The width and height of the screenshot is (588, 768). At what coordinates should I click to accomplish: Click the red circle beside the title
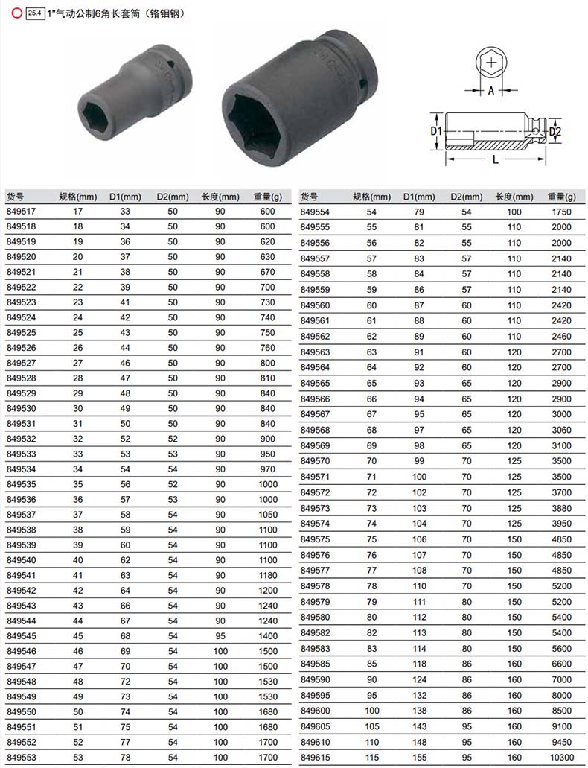point(16,13)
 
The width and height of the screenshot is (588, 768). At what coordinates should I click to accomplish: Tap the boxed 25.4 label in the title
point(35,13)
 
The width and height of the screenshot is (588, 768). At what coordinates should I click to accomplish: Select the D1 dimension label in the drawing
point(435,131)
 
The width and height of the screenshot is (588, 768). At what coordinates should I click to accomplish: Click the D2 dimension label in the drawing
point(555,131)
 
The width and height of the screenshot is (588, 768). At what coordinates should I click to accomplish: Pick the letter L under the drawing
point(496,159)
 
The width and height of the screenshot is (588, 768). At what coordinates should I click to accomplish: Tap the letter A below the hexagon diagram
point(490,90)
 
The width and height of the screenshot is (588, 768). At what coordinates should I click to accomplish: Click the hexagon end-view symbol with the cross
point(491,63)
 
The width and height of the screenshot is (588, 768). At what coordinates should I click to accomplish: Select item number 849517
point(21,211)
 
